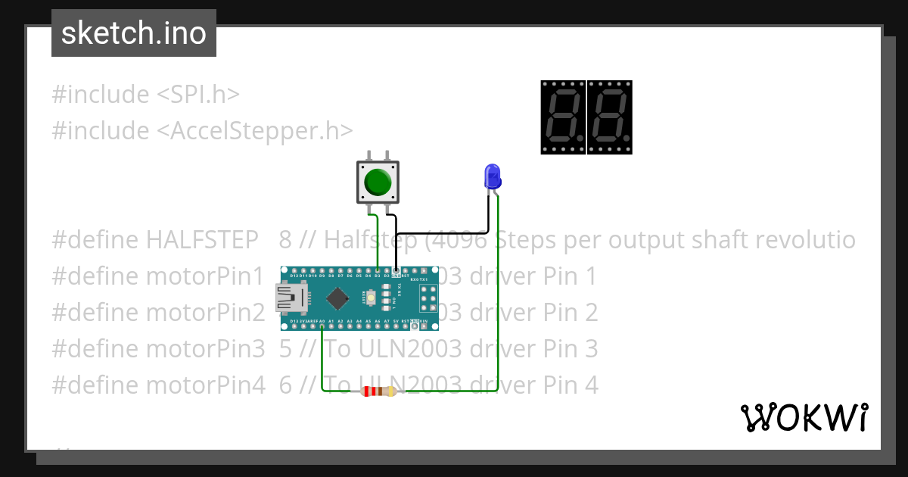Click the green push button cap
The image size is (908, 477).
pyautogui.click(x=378, y=182)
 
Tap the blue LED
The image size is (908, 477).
pyautogui.click(x=492, y=176)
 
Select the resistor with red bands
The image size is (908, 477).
pyautogui.click(x=378, y=391)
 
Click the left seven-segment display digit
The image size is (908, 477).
pyautogui.click(x=563, y=117)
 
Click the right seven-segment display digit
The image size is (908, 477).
pyautogui.click(x=610, y=117)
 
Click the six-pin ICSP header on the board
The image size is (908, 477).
pyautogui.click(x=428, y=298)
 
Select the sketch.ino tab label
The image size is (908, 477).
pyautogui.click(x=134, y=33)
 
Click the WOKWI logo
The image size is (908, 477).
pyautogui.click(x=804, y=417)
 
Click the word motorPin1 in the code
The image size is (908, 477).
pyautogui.click(x=205, y=276)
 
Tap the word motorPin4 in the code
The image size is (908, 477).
pyautogui.click(x=205, y=385)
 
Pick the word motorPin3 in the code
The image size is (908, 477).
pyautogui.click(x=205, y=349)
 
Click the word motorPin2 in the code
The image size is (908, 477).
pyautogui.click(x=205, y=313)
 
